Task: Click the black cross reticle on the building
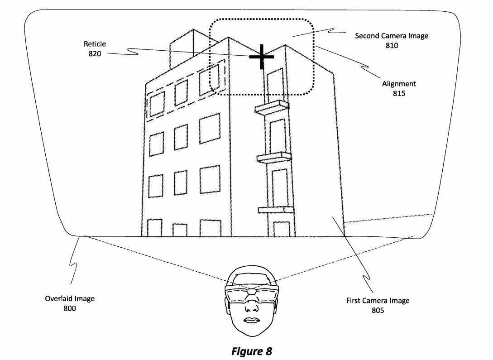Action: [261, 57]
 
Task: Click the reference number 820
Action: [95, 54]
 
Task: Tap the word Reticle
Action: [95, 44]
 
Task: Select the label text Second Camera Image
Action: [392, 36]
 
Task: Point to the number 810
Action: [392, 46]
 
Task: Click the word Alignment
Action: [399, 84]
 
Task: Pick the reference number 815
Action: [399, 93]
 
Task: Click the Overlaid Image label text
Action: [70, 299]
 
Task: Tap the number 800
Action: [70, 308]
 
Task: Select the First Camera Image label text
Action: [378, 301]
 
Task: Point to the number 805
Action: [378, 310]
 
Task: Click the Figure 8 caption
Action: [252, 351]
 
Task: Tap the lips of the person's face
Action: [252, 321]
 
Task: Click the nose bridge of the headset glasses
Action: [252, 293]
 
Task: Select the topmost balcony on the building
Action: [272, 107]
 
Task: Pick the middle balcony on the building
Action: [274, 157]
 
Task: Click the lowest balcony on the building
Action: [276, 210]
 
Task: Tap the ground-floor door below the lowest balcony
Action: [282, 229]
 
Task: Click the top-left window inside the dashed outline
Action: [157, 104]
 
